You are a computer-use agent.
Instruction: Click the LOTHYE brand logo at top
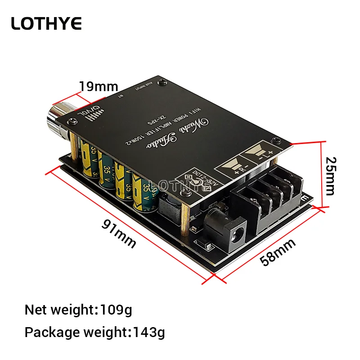(47, 23)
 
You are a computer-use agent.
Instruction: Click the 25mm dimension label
(331, 175)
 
